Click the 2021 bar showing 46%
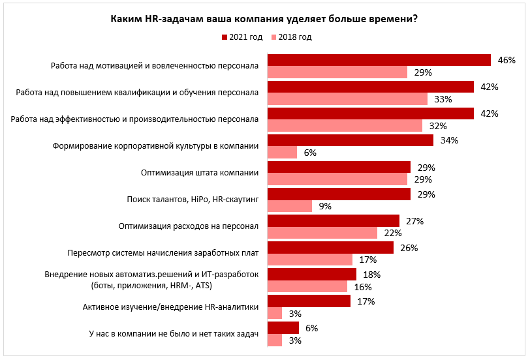point(379,60)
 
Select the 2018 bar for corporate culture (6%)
point(282,153)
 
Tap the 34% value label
point(450,140)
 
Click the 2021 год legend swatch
point(224,37)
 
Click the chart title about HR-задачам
point(264,19)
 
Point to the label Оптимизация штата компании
point(200,173)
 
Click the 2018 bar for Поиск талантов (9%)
point(290,206)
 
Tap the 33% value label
point(444,99)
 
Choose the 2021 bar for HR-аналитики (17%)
point(309,301)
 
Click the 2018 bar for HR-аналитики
point(275,314)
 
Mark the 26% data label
point(410,248)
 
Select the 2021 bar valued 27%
point(334,221)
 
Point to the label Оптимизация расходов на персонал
point(189,226)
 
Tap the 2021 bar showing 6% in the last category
point(283,328)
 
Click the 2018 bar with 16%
point(307,287)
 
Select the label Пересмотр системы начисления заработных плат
point(163,253)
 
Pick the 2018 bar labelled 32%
point(345,126)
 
